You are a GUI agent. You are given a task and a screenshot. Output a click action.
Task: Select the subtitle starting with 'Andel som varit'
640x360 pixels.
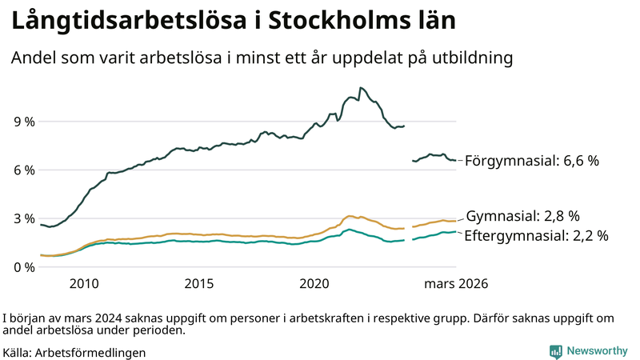(261, 58)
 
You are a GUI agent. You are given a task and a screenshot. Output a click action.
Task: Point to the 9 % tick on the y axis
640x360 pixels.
(23, 122)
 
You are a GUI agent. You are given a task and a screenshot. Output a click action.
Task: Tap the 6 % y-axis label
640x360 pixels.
(23, 170)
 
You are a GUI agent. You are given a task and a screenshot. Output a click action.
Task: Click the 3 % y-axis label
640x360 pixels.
(23, 218)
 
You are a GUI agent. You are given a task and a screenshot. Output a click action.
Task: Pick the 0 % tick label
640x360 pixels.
(23, 266)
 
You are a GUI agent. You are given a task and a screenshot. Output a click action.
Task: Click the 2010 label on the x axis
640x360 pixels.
(84, 283)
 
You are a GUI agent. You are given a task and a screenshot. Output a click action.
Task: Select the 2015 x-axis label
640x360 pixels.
(199, 283)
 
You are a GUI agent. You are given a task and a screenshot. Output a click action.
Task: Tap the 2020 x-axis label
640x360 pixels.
(314, 283)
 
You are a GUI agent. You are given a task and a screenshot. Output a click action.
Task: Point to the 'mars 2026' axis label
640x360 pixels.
(456, 283)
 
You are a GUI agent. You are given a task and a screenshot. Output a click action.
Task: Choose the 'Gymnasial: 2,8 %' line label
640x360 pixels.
(522, 216)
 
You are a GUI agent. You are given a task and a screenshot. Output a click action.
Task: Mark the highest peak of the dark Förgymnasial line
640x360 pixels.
(362, 87)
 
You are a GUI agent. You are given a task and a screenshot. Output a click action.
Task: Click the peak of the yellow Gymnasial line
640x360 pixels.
(350, 216)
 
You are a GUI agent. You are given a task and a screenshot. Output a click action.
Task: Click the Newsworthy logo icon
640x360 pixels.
(555, 351)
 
